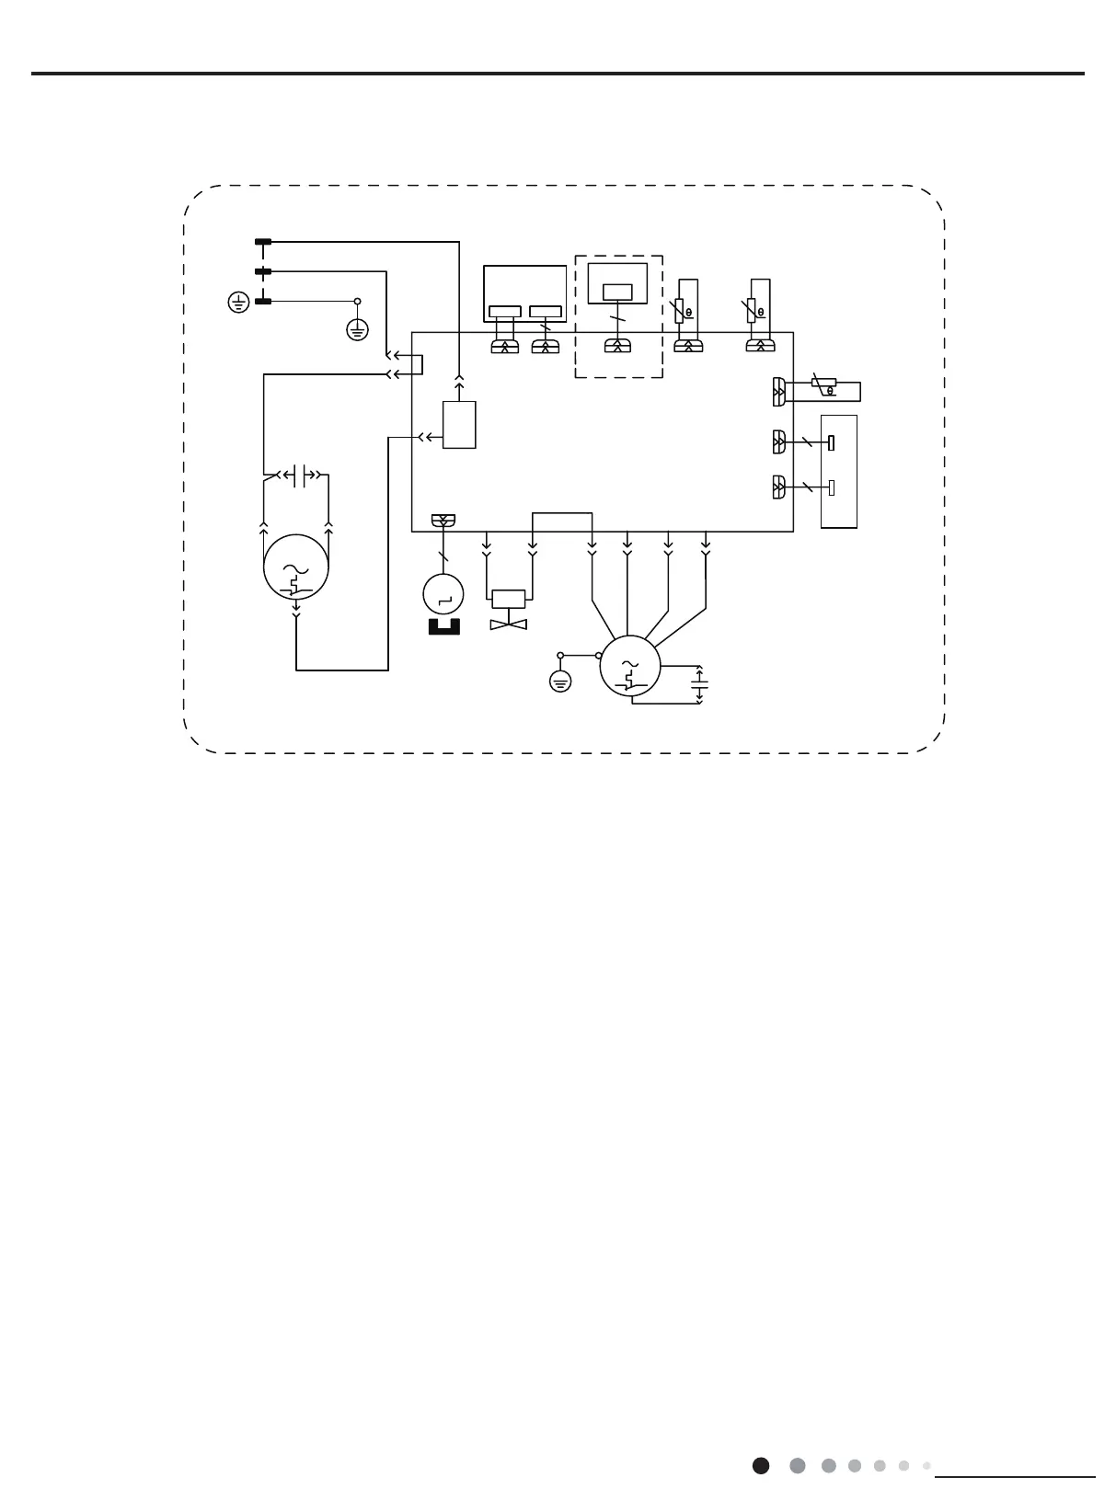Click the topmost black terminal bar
click(x=263, y=243)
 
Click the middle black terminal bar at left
click(x=263, y=272)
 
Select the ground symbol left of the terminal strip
click(x=237, y=302)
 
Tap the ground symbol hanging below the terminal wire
click(x=357, y=329)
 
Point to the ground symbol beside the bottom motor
click(x=559, y=682)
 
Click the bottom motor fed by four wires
click(x=630, y=668)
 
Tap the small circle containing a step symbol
click(x=443, y=595)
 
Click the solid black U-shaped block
click(x=443, y=628)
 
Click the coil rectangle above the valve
click(x=509, y=599)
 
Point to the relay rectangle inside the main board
click(x=459, y=425)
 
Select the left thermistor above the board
click(x=682, y=310)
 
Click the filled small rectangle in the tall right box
click(x=832, y=443)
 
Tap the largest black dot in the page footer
click(x=761, y=1465)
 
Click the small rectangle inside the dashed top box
click(x=616, y=292)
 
